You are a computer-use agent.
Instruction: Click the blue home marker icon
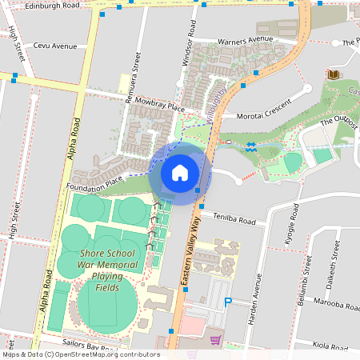pyautogui.click(x=179, y=172)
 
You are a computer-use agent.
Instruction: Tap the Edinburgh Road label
pyautogui.click(x=53, y=5)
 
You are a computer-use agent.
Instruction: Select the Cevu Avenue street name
pyautogui.click(x=50, y=46)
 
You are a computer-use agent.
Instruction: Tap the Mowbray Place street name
pyautogui.click(x=160, y=105)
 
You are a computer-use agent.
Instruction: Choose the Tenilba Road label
pyautogui.click(x=234, y=220)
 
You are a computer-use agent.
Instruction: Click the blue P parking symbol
pyautogui.click(x=228, y=302)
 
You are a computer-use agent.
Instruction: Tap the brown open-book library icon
pyautogui.click(x=333, y=74)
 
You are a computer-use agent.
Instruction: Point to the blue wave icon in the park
pyautogui.click(x=250, y=147)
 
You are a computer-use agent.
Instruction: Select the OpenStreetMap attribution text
pyautogui.click(x=81, y=354)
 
